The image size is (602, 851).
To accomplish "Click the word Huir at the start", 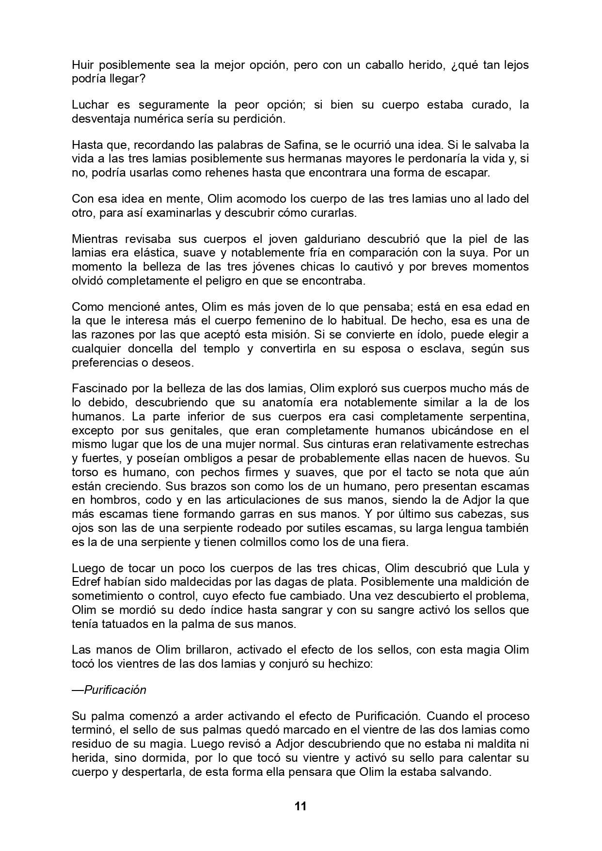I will click(x=83, y=64).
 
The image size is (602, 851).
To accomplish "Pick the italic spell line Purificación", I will click(x=115, y=690).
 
